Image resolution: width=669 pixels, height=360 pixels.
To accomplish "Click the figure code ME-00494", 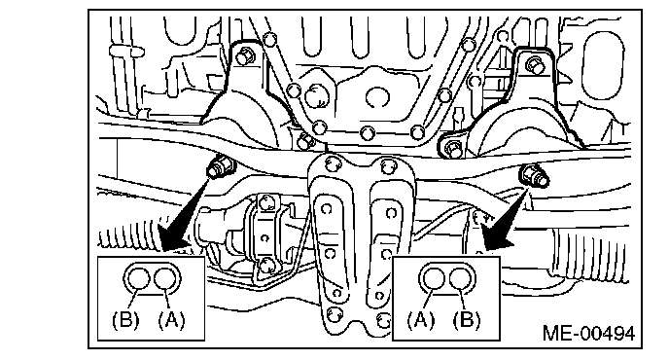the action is pyautogui.click(x=588, y=333).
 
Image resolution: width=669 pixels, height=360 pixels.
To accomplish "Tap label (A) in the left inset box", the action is pyautogui.click(x=171, y=320).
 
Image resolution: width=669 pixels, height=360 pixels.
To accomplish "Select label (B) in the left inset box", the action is pyautogui.click(x=125, y=320).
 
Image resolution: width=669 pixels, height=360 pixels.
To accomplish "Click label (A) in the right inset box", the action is pyautogui.click(x=420, y=320).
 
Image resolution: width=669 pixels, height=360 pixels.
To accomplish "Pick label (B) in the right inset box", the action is pyautogui.click(x=467, y=320).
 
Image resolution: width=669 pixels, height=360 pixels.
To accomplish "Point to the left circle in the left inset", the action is pyautogui.click(x=139, y=279).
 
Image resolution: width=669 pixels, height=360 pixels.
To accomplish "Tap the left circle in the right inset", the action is pyautogui.click(x=434, y=279).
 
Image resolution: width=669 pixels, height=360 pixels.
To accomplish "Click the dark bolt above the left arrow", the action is pyautogui.click(x=220, y=167).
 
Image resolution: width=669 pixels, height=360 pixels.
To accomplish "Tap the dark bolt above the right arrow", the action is pyautogui.click(x=533, y=175).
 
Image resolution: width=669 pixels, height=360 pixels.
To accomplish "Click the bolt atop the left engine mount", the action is pyautogui.click(x=244, y=56).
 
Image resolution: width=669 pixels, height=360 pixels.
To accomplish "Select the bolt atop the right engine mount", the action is pyautogui.click(x=534, y=64).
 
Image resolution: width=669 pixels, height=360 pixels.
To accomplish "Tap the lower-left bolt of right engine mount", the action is pyautogui.click(x=454, y=148).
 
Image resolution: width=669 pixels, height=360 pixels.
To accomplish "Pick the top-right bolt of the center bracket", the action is pyautogui.click(x=386, y=165).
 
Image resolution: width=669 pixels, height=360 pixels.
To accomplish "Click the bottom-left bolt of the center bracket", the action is pyautogui.click(x=334, y=315).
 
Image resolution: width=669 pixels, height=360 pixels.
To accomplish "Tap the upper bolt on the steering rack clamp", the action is pyautogui.click(x=265, y=200).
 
